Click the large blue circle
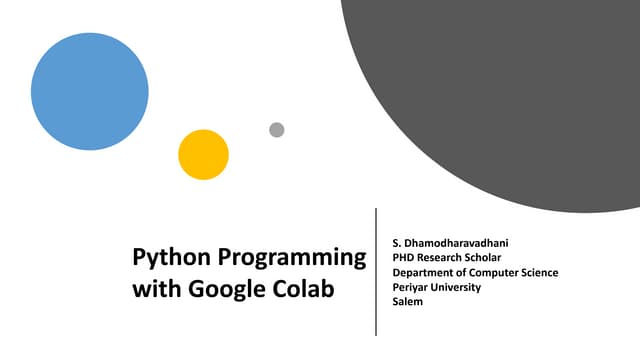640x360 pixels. (90, 91)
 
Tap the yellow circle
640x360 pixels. (204, 155)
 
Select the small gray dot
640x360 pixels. (277, 130)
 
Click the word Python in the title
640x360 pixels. (164, 259)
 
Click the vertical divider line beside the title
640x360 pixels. (376, 271)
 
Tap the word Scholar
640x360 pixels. (487, 258)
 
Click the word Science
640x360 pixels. (541, 272)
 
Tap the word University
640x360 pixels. (457, 287)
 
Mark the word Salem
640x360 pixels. (408, 301)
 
